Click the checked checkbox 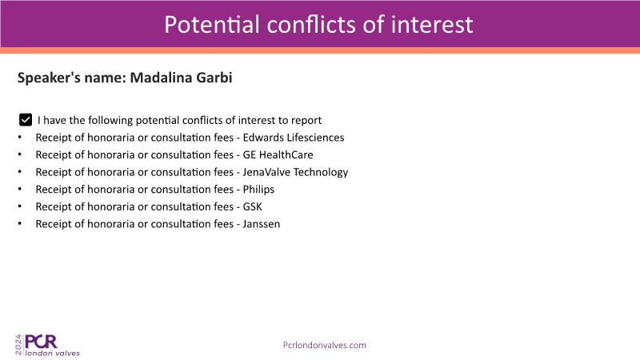(x=26, y=120)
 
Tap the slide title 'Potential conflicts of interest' (x=318, y=25)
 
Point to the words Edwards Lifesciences (x=294, y=138)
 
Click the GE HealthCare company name (x=278, y=154)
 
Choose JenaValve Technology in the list (x=295, y=172)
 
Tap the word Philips (x=258, y=190)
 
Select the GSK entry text (x=252, y=206)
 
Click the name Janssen (x=262, y=224)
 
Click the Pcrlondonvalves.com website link (x=325, y=346)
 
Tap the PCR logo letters (x=41, y=342)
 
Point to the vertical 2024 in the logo (x=18, y=345)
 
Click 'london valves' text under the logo (x=52, y=353)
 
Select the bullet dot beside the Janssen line (x=19, y=224)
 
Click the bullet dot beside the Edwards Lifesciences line (x=19, y=137)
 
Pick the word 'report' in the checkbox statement (x=307, y=121)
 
